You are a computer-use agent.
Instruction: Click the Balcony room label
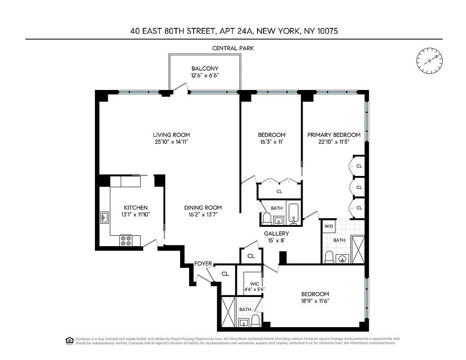tap(205, 68)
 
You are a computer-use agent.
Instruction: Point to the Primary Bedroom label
tap(334, 135)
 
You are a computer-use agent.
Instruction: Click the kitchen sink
tap(104, 218)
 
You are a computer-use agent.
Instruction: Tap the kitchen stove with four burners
tap(126, 241)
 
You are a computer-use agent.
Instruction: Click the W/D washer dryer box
tap(328, 226)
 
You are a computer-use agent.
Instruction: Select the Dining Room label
tap(203, 207)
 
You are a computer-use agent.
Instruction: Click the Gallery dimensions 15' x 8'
tap(276, 241)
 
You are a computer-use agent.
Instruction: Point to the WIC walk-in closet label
tap(254, 283)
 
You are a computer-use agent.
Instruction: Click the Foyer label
tap(203, 264)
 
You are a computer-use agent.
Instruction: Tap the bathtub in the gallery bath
tap(294, 214)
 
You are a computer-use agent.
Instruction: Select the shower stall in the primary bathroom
tap(359, 249)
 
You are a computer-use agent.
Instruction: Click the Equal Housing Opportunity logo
tap(69, 340)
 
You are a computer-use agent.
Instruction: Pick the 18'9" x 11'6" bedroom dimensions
tap(315, 301)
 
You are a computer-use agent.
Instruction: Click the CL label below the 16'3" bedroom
tap(279, 191)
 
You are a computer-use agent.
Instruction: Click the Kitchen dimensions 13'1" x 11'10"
tap(136, 215)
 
